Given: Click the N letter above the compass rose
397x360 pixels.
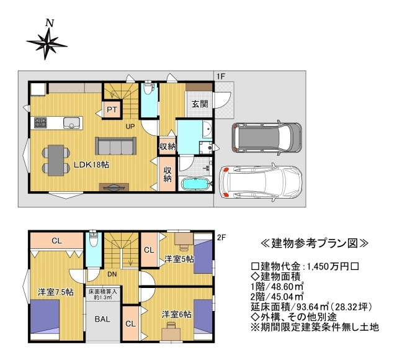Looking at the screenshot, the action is pyautogui.click(x=50, y=24).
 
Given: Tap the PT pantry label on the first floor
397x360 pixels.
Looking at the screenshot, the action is pyautogui.click(x=112, y=109).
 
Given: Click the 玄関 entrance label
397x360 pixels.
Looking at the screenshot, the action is pyautogui.click(x=200, y=104).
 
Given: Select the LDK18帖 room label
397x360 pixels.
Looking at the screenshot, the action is pyautogui.click(x=91, y=164).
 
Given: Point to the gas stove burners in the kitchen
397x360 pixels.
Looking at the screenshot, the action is pyautogui.click(x=40, y=123).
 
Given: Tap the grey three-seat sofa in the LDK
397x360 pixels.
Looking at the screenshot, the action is pyautogui.click(x=116, y=146).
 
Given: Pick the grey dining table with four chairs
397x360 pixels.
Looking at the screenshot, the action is pyautogui.click(x=56, y=160).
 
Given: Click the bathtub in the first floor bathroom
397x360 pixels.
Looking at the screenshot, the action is pyautogui.click(x=195, y=184).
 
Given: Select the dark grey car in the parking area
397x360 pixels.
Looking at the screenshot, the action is pyautogui.click(x=267, y=138).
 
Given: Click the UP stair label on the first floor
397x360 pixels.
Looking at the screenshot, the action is pyautogui.click(x=130, y=126).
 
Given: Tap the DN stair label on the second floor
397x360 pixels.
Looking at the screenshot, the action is pyautogui.click(x=112, y=274).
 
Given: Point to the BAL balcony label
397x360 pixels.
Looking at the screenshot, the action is pyautogui.click(x=102, y=319).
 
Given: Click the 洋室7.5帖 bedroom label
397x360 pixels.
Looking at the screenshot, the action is pyautogui.click(x=56, y=292).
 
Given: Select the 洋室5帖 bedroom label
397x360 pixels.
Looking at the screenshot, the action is pyautogui.click(x=179, y=259).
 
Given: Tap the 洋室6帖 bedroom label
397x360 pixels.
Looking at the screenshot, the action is pyautogui.click(x=177, y=315).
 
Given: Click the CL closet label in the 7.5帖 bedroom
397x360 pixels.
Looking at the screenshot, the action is pyautogui.click(x=56, y=240).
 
